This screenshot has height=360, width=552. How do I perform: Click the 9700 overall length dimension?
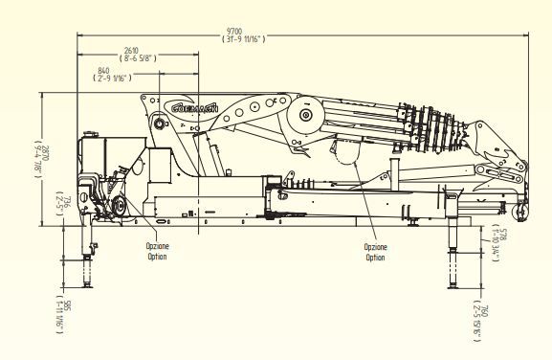pos(242,31)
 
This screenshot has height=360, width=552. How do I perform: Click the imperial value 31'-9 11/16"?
pos(242,39)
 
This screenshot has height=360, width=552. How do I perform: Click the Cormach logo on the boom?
pos(196,108)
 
